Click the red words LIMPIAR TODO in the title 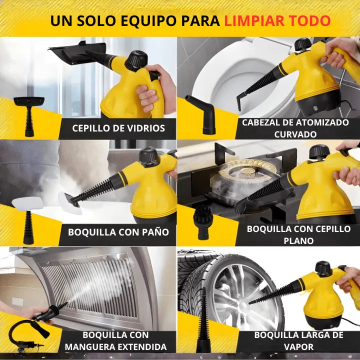point(277,21)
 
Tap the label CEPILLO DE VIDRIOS point(118,128)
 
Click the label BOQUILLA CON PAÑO point(118,232)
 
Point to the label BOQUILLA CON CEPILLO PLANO point(298,234)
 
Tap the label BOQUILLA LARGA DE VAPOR point(298,340)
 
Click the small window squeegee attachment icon point(28,115)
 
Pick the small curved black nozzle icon point(203,113)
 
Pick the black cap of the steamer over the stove point(319,152)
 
